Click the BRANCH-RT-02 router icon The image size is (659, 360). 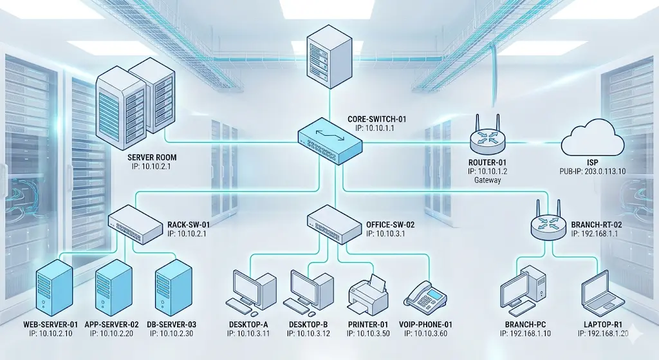pos(546,223)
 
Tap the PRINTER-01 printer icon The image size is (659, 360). pos(367,295)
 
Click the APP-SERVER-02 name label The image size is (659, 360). pos(112,324)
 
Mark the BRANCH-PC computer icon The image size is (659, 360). pos(523,286)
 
